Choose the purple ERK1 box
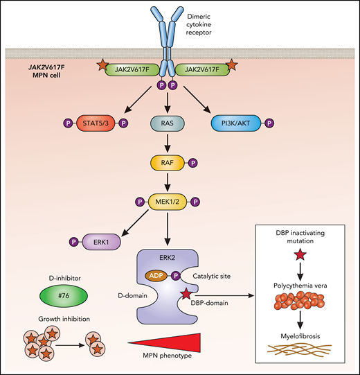98,243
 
